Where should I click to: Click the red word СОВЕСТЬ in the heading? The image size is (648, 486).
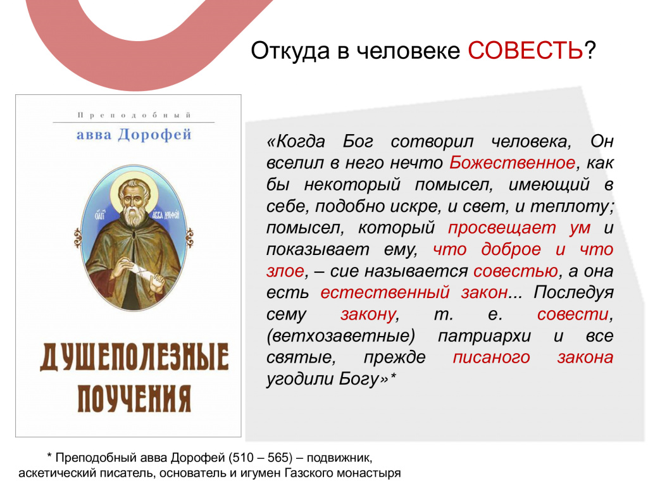click(525, 51)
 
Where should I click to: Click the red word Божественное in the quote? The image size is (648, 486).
click(512, 163)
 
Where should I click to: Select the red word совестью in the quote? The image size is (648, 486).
click(516, 271)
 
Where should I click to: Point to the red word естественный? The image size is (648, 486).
click(385, 292)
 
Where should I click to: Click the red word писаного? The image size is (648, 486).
click(491, 358)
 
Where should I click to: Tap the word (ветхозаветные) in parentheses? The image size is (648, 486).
click(340, 336)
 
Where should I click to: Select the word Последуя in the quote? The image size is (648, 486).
click(573, 293)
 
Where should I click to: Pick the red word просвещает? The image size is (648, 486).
click(502, 228)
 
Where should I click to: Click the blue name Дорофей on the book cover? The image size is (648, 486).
click(154, 135)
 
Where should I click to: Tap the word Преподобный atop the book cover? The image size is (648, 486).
click(134, 115)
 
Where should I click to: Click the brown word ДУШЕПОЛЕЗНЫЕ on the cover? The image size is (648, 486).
click(134, 358)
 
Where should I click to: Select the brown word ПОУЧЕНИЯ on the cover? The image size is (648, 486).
click(134, 399)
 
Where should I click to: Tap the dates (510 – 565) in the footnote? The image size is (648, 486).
click(260, 458)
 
